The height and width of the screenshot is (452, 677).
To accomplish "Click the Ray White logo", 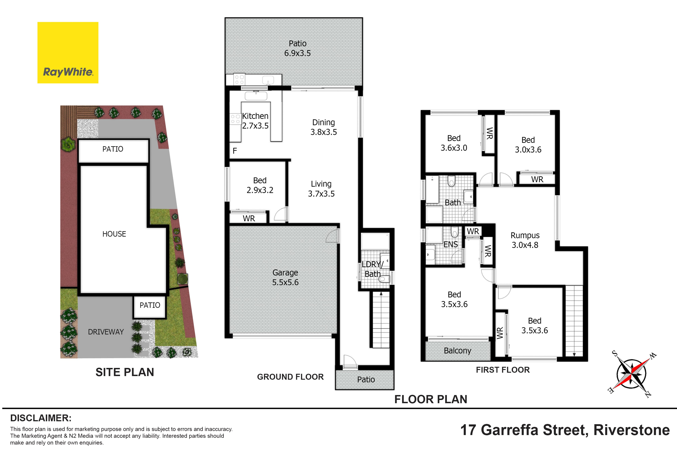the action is point(68,53).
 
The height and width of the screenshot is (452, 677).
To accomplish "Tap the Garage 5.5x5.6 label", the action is point(285,277).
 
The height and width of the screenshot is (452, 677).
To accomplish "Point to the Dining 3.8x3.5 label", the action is point(324,127).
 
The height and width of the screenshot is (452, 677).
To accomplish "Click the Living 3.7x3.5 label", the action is point(321,189).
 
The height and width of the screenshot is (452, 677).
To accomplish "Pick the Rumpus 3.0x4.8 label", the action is point(525,240).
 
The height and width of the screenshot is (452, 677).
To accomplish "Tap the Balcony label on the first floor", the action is point(457,351).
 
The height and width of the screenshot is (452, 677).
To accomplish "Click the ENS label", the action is point(451,244).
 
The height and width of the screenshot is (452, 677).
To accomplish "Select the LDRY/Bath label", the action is point(373,269).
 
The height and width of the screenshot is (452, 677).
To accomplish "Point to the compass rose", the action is point(631,374).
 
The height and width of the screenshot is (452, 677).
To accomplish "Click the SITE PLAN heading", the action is point(125,372).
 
